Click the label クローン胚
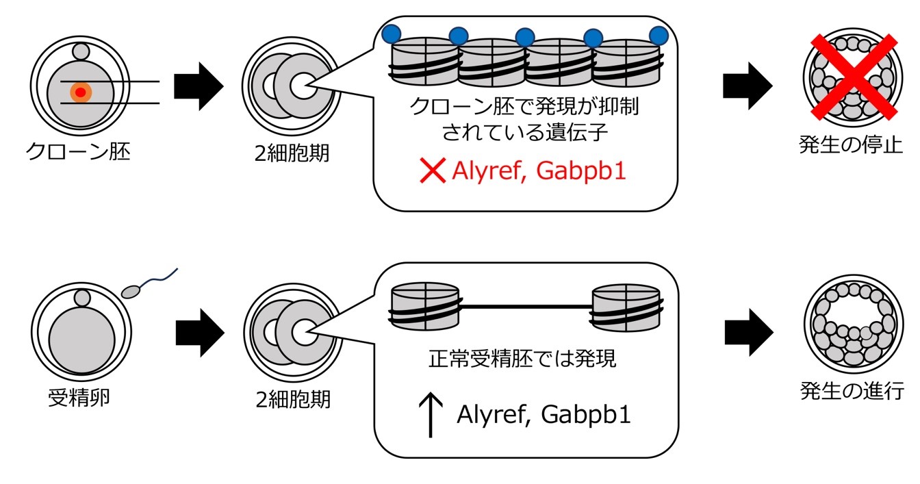click(x=77, y=151)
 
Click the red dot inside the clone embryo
click(x=81, y=92)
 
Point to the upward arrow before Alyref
click(x=430, y=416)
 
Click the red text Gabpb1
click(x=581, y=171)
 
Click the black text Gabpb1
click(x=585, y=416)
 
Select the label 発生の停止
click(x=851, y=146)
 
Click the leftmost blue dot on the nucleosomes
click(x=392, y=34)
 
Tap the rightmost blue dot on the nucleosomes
click(x=658, y=34)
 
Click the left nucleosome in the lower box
click(x=424, y=305)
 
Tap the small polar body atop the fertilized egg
click(x=82, y=298)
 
